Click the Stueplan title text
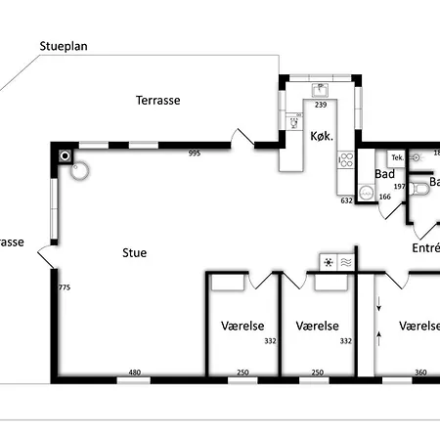tap(64, 46)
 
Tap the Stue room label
tap(134, 253)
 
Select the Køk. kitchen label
tap(322, 137)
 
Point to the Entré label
tap(424, 248)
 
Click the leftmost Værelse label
tap(239, 327)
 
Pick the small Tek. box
tap(396, 156)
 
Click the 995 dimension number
tap(195, 154)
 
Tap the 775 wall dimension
tap(65, 287)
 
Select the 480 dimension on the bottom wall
tap(136, 373)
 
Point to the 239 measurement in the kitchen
tap(320, 105)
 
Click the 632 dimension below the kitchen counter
tap(345, 200)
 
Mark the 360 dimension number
tap(420, 373)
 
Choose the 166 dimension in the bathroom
tap(384, 198)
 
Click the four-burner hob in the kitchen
tap(344, 162)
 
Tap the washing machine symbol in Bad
tap(366, 194)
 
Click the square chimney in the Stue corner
tap(66, 155)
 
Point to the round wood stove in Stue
tap(80, 171)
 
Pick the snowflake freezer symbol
tap(328, 261)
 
